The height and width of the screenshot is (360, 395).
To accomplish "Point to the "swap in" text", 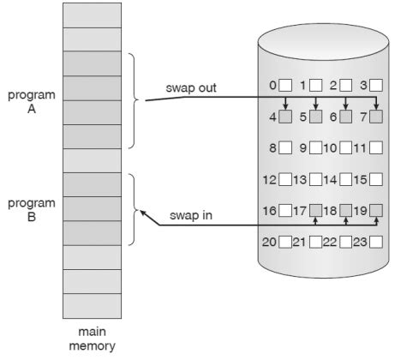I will (x=192, y=215).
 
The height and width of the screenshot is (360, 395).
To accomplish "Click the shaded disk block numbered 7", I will (x=375, y=116).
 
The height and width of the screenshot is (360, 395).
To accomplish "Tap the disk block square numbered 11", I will (x=375, y=147).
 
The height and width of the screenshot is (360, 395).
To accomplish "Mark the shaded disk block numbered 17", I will (x=316, y=210).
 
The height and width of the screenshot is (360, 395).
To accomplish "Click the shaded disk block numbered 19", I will (x=375, y=210).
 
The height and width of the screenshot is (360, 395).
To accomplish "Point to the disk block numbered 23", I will (x=375, y=242).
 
